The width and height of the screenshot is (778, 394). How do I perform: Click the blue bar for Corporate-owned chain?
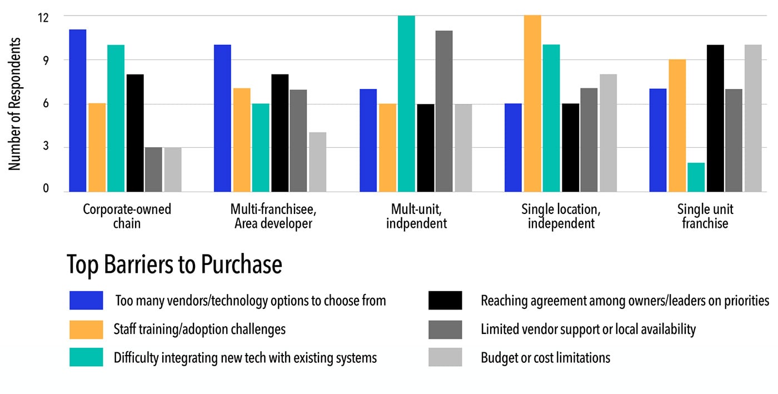tap(77, 111)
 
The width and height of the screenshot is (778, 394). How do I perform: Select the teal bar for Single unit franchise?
tap(696, 177)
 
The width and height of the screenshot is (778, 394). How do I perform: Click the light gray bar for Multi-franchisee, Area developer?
tap(317, 162)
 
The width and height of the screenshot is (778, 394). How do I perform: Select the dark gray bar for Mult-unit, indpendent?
tap(444, 111)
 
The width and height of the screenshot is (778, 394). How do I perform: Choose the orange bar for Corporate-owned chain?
tap(97, 147)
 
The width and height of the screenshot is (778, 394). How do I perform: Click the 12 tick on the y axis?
tap(43, 18)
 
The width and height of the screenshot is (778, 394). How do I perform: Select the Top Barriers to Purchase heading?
tap(174, 265)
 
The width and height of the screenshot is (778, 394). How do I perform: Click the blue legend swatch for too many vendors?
tap(86, 300)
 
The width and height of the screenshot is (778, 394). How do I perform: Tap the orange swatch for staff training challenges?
tap(86, 329)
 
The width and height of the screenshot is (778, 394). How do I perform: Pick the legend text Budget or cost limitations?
tap(545, 357)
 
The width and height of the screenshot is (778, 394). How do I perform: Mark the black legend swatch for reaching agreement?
tap(445, 300)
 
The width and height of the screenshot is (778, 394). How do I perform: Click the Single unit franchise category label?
tap(705, 216)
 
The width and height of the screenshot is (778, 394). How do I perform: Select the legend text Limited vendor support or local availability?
tap(588, 329)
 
